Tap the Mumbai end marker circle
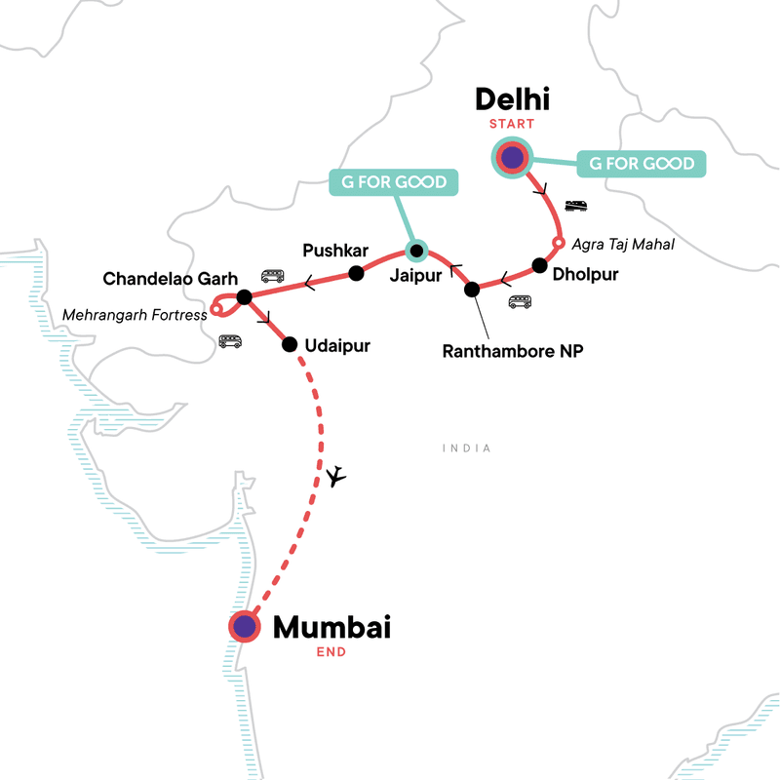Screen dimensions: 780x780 pyautogui.click(x=244, y=626)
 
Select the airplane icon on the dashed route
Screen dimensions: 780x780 pyautogui.click(x=337, y=476)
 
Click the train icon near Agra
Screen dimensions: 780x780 pyautogui.click(x=576, y=206)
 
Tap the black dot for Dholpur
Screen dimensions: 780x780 pyautogui.click(x=539, y=265)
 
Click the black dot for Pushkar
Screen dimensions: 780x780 pyautogui.click(x=356, y=272)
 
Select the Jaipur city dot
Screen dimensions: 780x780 pyautogui.click(x=416, y=252)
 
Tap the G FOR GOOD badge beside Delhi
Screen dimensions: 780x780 pyautogui.click(x=641, y=163)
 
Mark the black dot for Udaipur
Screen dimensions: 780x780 pyautogui.click(x=290, y=344)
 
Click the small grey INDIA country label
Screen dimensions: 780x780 pyautogui.click(x=465, y=448)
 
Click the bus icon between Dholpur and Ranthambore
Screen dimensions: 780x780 pyautogui.click(x=520, y=302)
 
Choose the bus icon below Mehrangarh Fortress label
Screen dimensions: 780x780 pyautogui.click(x=230, y=341)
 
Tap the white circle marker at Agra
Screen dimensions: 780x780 pyautogui.click(x=559, y=243)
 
